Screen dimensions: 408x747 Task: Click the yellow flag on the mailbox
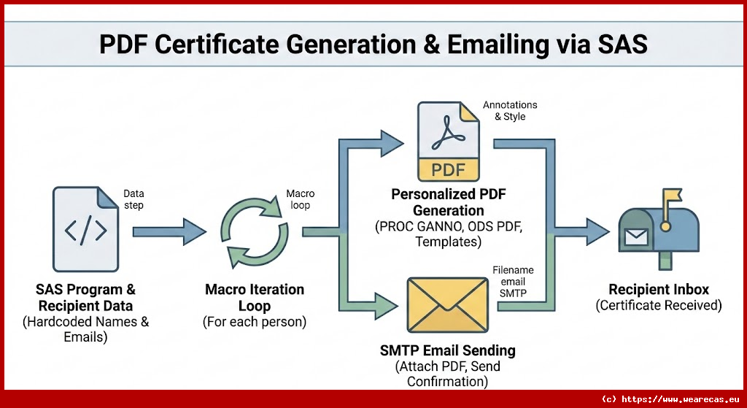(x=671, y=196)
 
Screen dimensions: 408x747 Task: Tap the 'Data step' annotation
(x=133, y=199)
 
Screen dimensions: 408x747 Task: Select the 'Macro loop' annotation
(x=300, y=199)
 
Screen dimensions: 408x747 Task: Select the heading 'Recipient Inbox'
(x=658, y=289)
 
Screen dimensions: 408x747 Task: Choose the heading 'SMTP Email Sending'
(x=448, y=350)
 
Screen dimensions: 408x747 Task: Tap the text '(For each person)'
(x=255, y=321)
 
